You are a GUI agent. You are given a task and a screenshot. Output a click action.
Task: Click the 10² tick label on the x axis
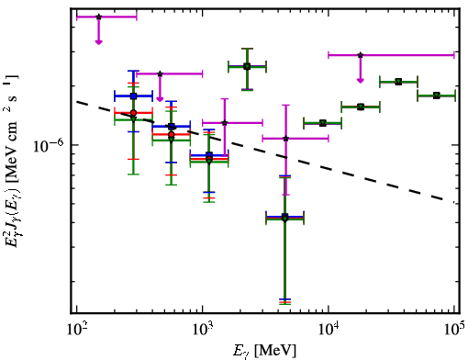point(77,330)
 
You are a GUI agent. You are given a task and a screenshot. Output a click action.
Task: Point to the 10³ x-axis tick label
point(203,330)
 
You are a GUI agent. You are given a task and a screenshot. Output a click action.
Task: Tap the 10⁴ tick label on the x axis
point(329,330)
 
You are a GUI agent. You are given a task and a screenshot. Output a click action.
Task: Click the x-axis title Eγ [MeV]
point(264,351)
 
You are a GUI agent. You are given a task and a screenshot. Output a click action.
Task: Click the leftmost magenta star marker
point(98,17)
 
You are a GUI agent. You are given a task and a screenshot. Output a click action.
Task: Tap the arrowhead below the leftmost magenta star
point(98,42)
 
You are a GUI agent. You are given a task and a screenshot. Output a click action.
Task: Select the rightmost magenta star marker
point(361,55)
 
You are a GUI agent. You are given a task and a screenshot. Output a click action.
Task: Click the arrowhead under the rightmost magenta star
point(361,81)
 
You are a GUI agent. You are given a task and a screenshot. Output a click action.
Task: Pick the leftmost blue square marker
point(133,96)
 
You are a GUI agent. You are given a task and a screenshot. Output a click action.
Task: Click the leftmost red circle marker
point(133,113)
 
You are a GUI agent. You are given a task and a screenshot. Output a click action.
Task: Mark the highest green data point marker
point(247,66)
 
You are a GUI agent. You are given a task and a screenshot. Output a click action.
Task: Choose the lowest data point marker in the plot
point(284,219)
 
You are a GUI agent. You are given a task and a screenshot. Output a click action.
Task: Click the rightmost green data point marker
point(437,96)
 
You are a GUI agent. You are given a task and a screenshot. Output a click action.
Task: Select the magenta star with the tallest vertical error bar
point(285,139)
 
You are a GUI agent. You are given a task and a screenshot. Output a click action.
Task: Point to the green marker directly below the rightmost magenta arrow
point(361,107)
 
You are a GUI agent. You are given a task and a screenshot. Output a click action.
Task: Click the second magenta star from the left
point(160,73)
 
